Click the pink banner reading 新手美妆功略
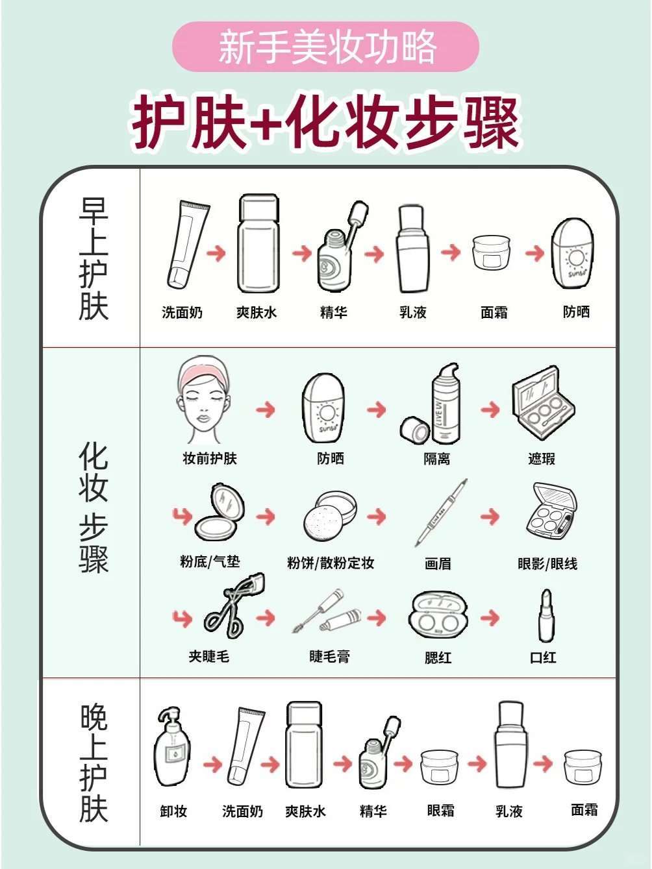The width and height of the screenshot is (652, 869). (x=325, y=47)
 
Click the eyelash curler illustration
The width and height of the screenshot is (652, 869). (x=233, y=605)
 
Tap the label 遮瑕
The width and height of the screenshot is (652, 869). (x=542, y=459)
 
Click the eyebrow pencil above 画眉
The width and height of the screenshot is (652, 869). (x=441, y=512)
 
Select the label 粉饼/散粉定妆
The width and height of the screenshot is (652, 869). (x=331, y=563)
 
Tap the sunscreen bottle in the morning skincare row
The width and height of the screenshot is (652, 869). (x=573, y=253)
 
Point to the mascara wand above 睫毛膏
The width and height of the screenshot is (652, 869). (x=316, y=611)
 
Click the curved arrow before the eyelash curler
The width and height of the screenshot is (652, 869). (x=182, y=618)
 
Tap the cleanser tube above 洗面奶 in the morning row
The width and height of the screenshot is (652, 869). (x=188, y=244)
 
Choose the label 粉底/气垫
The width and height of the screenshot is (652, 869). (x=210, y=561)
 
